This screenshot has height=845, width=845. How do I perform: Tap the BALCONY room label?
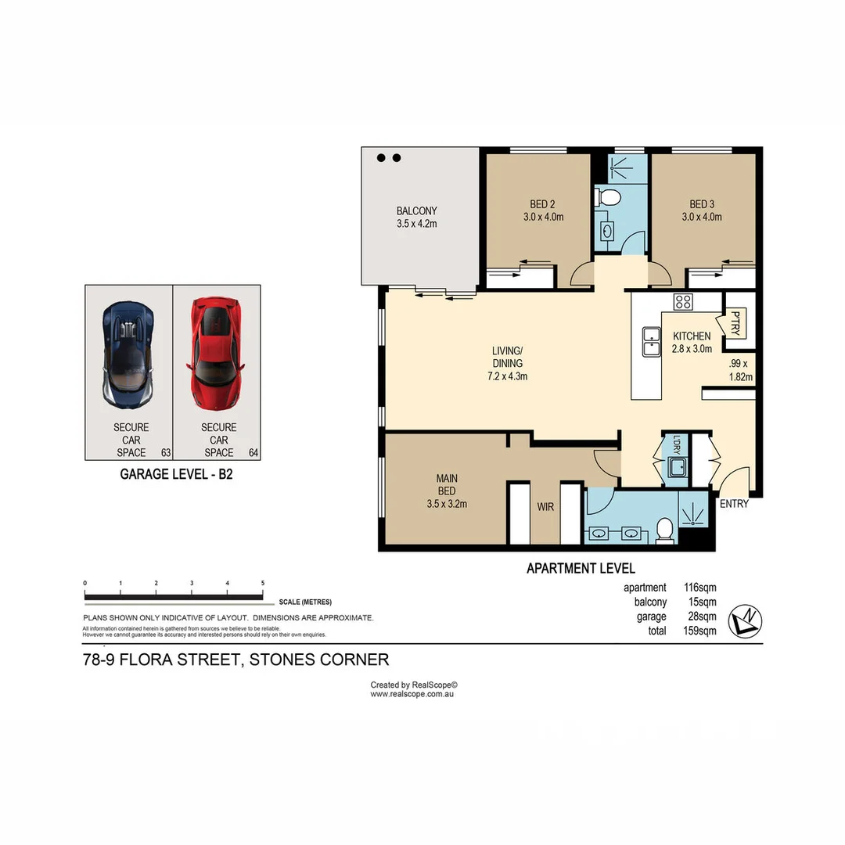tap(416, 211)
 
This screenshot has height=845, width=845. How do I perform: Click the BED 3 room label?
tap(701, 205)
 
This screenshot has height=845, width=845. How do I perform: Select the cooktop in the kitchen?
tap(683, 302)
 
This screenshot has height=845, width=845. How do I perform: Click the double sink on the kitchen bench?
tap(651, 341)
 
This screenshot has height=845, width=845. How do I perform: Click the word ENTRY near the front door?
tap(734, 504)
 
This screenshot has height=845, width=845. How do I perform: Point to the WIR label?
tap(545, 507)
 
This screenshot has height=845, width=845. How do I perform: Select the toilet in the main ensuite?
tap(664, 530)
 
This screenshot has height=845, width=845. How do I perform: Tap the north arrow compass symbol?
tap(744, 621)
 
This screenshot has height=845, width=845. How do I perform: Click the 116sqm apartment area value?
tap(699, 588)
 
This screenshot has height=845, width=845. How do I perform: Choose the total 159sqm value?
tap(699, 631)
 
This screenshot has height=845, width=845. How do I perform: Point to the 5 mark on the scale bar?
tap(263, 584)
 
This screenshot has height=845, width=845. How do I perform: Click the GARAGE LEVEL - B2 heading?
tap(176, 474)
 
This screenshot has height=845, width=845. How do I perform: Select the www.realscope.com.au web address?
tap(412, 694)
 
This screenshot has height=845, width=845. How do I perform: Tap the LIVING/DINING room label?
tap(507, 363)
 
